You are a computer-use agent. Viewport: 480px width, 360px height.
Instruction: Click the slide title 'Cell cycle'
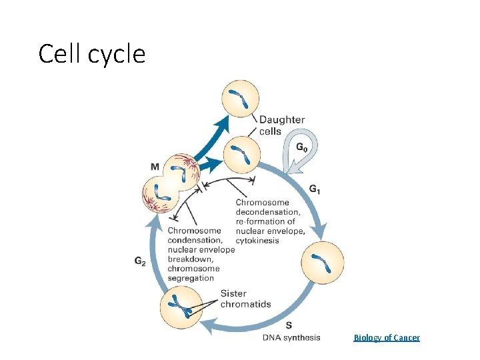coord(92,54)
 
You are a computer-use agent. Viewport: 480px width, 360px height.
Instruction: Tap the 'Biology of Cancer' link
coord(387,338)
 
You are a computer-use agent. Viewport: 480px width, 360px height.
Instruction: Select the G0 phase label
coord(302,147)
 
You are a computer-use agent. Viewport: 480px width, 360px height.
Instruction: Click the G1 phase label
coord(315,190)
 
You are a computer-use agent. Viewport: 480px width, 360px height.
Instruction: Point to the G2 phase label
coord(140,261)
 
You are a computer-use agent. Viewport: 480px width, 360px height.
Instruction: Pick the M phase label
coord(155,167)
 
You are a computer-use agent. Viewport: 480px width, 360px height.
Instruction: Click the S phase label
coord(288,325)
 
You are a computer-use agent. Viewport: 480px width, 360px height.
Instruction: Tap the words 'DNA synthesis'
coord(291,337)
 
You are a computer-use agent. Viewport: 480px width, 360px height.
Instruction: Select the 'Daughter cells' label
coord(281,125)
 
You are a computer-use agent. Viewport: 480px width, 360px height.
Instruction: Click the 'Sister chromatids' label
coord(245,299)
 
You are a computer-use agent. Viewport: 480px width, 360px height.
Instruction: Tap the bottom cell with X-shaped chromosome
coord(180,307)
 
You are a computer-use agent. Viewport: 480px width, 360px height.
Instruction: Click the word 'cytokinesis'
coord(257,241)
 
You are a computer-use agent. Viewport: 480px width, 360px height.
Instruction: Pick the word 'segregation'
coord(191,278)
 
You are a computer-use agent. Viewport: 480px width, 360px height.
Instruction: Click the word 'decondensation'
coord(267,212)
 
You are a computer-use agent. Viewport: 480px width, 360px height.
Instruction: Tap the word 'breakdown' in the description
coord(190,259)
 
